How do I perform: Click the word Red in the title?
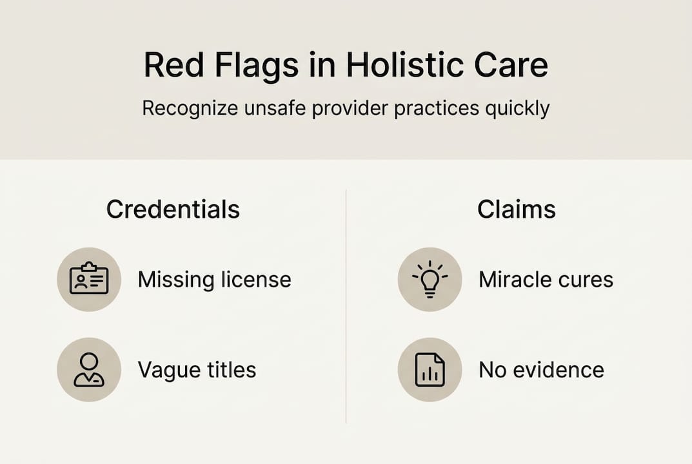174,65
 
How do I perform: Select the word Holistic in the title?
403,65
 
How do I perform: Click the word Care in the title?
511,65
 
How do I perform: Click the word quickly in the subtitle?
517,109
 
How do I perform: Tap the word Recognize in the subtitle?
190,109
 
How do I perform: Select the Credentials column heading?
173,209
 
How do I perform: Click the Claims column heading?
517,209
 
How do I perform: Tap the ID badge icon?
89,279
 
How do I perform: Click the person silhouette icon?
89,370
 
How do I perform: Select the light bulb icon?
430,279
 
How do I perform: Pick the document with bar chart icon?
430,370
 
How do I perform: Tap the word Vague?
169,371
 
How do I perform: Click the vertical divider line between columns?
346,307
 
